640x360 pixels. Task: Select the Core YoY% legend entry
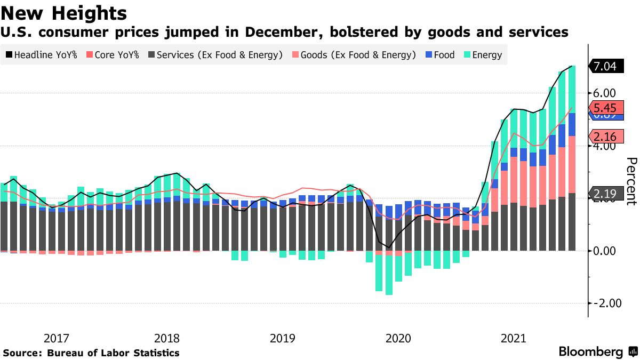pyautogui.click(x=113, y=54)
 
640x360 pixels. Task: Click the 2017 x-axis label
pyautogui.click(x=56, y=338)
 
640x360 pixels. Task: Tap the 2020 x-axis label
pyautogui.click(x=398, y=338)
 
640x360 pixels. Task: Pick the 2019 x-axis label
pyautogui.click(x=283, y=338)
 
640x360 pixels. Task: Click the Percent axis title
pyautogui.click(x=631, y=181)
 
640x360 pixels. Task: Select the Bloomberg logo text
pyautogui.click(x=590, y=352)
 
